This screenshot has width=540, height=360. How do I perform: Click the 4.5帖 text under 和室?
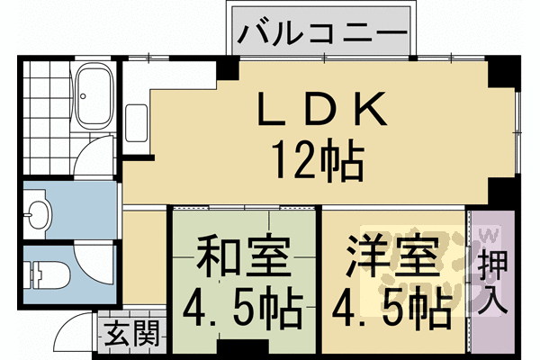tap(243, 311)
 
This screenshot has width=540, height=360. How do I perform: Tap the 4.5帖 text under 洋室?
tap(393, 311)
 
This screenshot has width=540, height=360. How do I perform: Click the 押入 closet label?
tap(491, 281)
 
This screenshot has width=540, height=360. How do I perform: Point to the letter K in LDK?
tap(372, 112)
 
